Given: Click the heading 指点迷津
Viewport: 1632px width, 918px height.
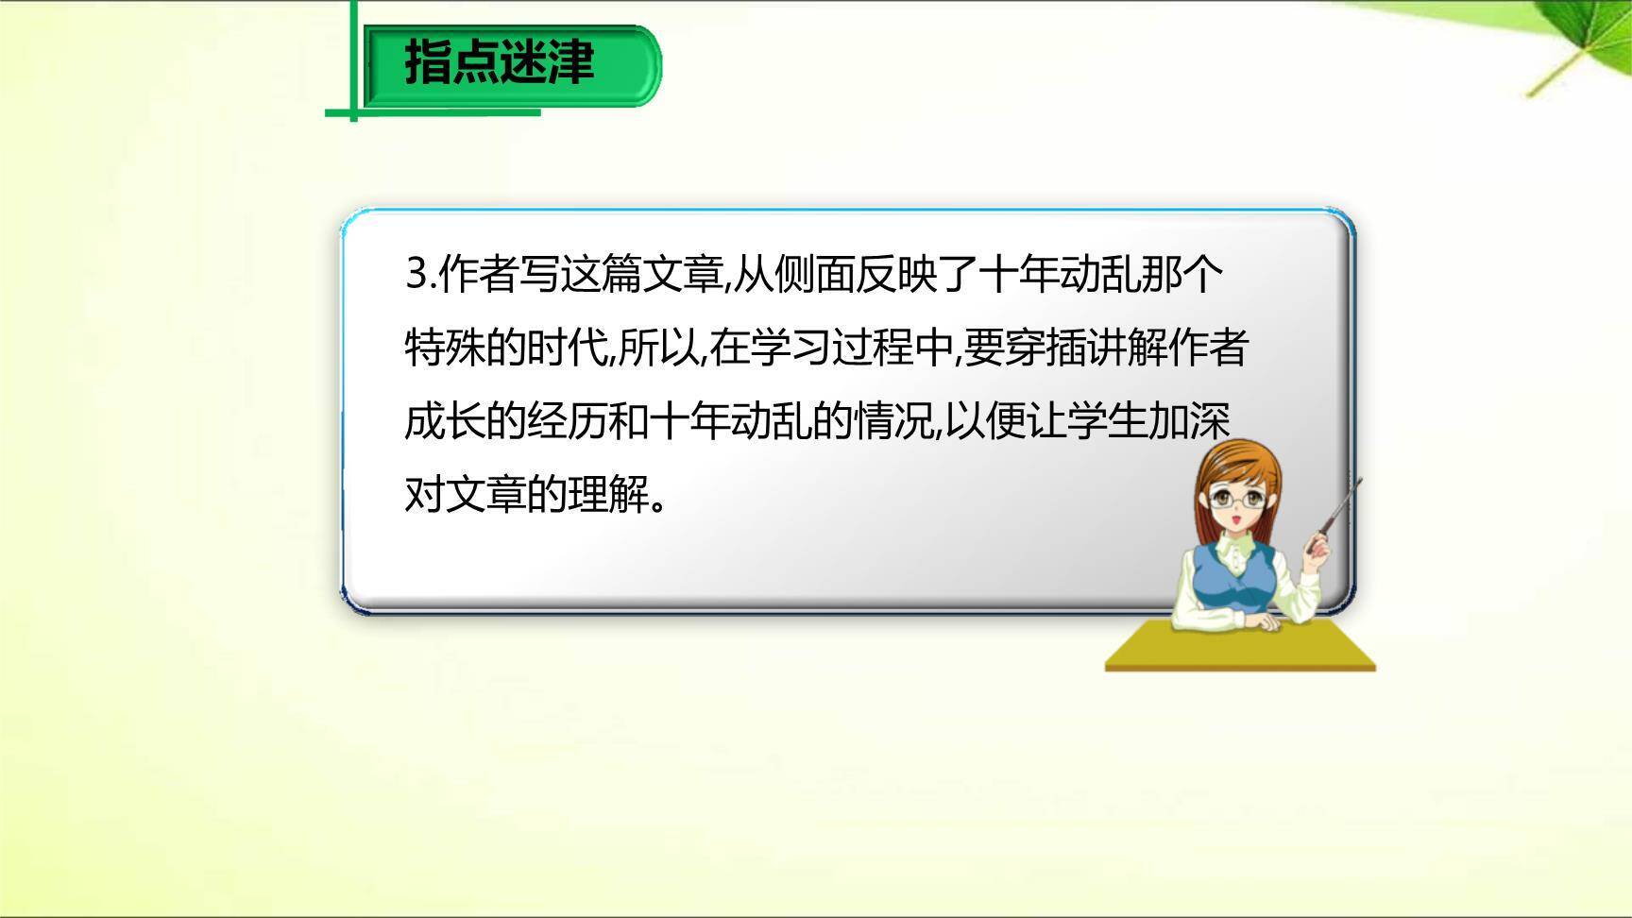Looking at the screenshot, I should point(500,63).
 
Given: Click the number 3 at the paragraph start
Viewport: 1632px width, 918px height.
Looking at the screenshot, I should point(416,274).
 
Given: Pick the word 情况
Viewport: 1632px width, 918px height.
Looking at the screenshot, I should point(893,421).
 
